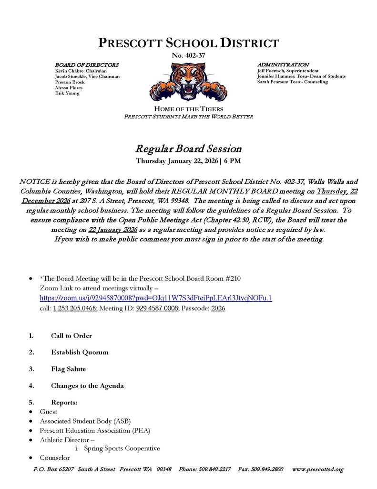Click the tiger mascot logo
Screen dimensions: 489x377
pos(188,82)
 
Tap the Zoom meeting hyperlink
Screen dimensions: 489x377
pos(155,298)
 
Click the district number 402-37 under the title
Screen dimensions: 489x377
pos(188,55)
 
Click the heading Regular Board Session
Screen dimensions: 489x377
pos(188,149)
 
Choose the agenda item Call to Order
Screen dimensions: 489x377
pos(71,336)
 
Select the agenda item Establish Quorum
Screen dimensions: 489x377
pos(80,352)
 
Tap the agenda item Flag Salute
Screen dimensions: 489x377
pos(69,369)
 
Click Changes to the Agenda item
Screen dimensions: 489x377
pos(87,386)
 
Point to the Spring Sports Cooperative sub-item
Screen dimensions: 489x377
pos(122,448)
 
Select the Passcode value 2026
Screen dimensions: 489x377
pos(218,308)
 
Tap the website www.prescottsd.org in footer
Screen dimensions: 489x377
pos(317,469)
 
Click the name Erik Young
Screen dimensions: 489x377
pos(67,94)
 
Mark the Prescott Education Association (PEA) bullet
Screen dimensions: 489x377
pos(95,430)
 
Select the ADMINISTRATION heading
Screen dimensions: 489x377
pos(283,64)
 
